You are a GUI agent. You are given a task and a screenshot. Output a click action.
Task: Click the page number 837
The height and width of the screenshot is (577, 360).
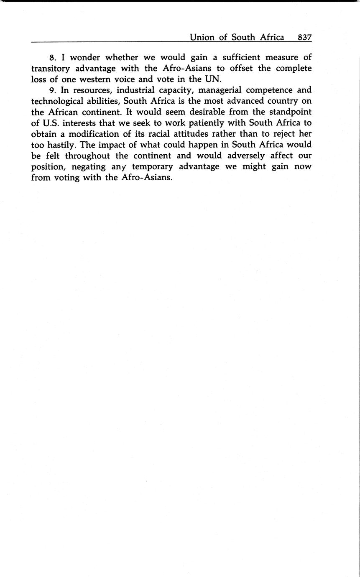click(304, 37)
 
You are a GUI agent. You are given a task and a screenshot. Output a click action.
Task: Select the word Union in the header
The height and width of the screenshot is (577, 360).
click(202, 37)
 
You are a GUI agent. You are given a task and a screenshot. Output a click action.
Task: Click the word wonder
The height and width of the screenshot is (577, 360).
click(85, 57)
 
